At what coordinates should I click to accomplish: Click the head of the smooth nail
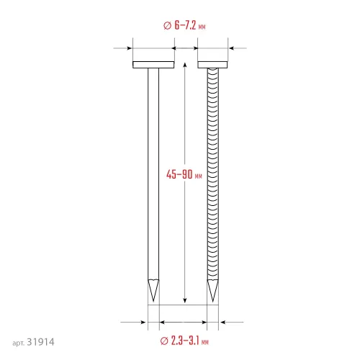point(153,65)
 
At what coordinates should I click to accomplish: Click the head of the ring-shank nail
point(212,65)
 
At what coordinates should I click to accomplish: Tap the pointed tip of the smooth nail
point(153,301)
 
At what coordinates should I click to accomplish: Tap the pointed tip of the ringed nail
point(212,302)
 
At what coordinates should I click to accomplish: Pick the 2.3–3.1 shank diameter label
point(184,341)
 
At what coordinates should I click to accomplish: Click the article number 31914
point(40,342)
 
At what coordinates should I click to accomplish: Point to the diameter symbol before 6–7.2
point(167,25)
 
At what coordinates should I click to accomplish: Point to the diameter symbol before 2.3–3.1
point(164,341)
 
